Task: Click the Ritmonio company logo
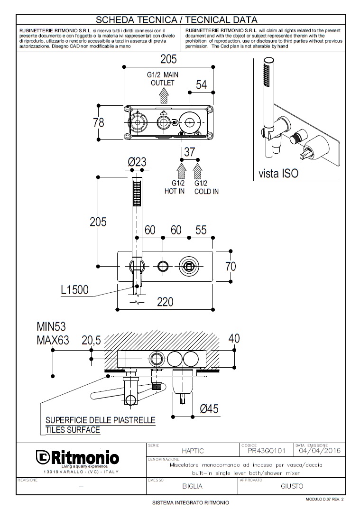click(x=77, y=458)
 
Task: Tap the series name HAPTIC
click(x=193, y=451)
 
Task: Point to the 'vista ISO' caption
click(x=279, y=173)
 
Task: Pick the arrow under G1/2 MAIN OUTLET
click(x=164, y=96)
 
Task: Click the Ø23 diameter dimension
click(x=137, y=162)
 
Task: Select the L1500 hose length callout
click(x=74, y=289)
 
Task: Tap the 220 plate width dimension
click(x=165, y=301)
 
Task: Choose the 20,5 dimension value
click(x=92, y=340)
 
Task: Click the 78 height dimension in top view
click(x=98, y=122)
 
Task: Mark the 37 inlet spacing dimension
click(x=189, y=152)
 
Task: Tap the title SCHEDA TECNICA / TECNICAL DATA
click(x=176, y=19)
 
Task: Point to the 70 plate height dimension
click(x=231, y=266)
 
